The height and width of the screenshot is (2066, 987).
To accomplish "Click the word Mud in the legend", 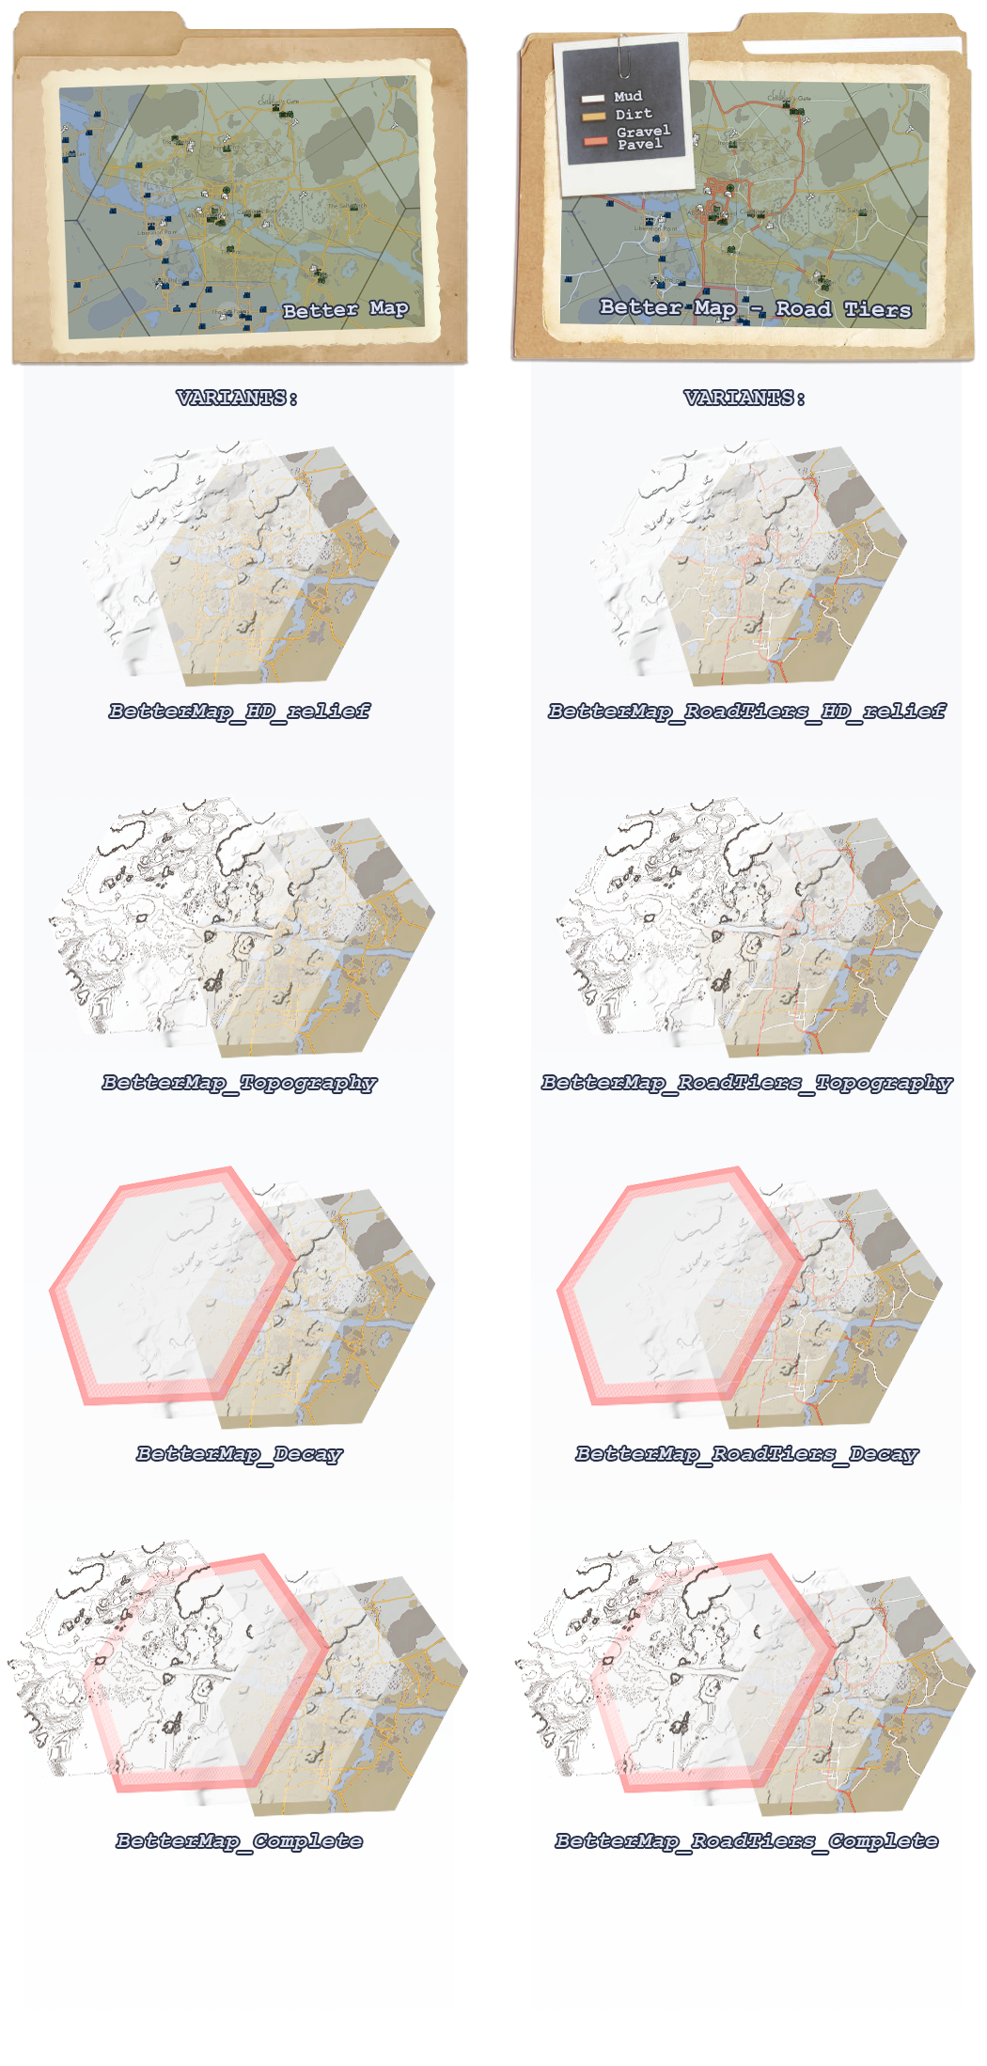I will (628, 96).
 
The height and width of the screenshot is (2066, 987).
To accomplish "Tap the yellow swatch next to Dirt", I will (593, 117).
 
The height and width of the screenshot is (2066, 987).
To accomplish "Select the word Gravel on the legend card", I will (643, 131).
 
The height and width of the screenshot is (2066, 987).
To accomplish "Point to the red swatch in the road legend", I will (595, 141).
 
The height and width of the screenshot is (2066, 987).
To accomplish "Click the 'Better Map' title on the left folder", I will (345, 309).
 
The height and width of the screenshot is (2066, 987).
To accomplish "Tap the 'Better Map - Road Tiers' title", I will (755, 308).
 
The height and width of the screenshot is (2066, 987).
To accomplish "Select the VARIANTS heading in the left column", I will (237, 398).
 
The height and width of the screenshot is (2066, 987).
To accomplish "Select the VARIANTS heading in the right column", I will (744, 398).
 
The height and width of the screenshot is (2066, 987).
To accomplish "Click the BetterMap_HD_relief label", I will (239, 711).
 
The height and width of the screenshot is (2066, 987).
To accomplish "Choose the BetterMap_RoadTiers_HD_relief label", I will (746, 711).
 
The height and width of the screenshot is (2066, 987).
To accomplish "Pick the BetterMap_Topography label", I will (239, 1082).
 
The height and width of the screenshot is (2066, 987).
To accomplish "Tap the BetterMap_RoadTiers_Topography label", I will (746, 1082).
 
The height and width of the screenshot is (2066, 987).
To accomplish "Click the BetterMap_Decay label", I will (239, 1453).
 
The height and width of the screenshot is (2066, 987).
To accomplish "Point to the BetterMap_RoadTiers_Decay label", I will (746, 1453).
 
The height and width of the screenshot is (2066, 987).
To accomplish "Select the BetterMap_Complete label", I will (239, 1840).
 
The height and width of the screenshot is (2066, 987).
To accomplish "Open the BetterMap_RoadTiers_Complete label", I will (746, 1840).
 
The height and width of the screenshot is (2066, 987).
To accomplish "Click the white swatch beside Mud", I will (592, 98).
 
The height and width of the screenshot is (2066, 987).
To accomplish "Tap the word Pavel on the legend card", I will (639, 145).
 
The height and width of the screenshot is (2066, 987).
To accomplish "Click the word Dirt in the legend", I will (634, 114).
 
